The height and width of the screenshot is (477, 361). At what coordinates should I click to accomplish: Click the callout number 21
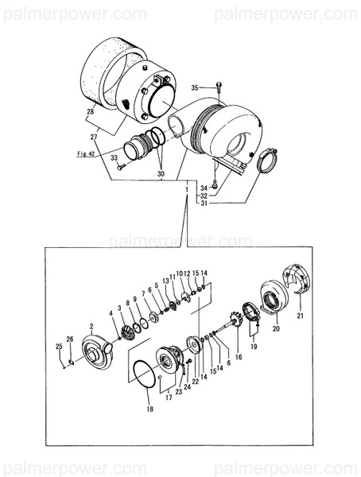coord(300,316)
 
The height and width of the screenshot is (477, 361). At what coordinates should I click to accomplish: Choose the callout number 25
coord(58,346)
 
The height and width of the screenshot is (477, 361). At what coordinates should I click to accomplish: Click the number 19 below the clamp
coord(254,347)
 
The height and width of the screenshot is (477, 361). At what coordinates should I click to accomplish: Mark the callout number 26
coord(70,339)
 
